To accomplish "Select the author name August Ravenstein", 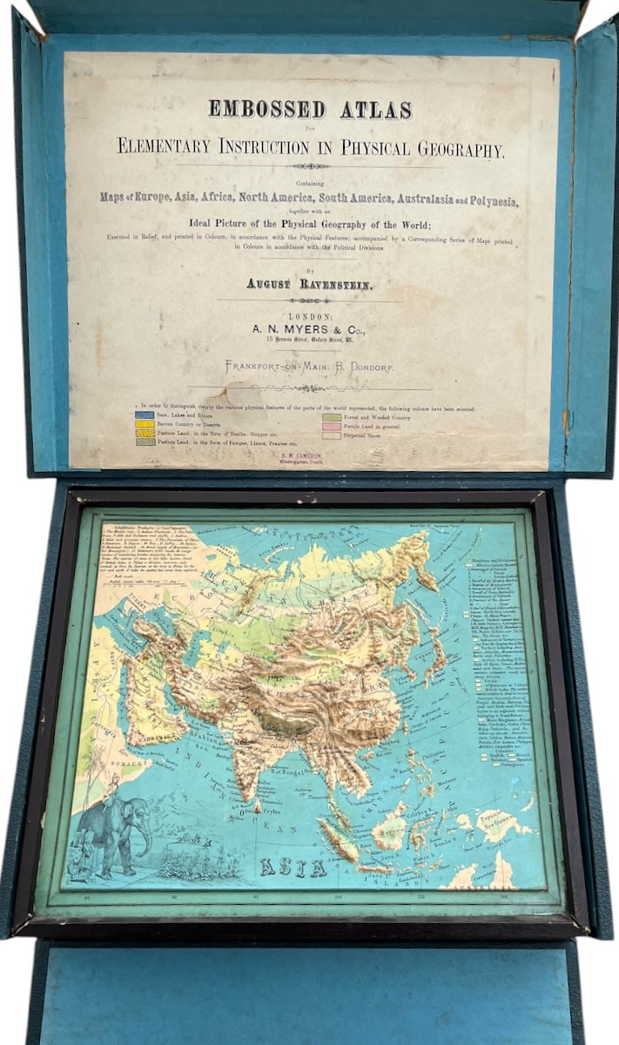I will [x=309, y=283].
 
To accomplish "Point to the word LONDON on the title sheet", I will [x=309, y=314].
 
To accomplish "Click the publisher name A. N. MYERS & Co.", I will [x=309, y=329].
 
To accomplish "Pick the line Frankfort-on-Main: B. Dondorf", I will [x=309, y=367].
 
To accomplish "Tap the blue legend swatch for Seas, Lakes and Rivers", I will [x=145, y=415].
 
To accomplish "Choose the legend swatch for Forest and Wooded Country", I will [x=332, y=416].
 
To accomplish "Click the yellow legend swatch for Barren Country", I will [x=145, y=424].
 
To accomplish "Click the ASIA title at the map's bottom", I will [x=293, y=867].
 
